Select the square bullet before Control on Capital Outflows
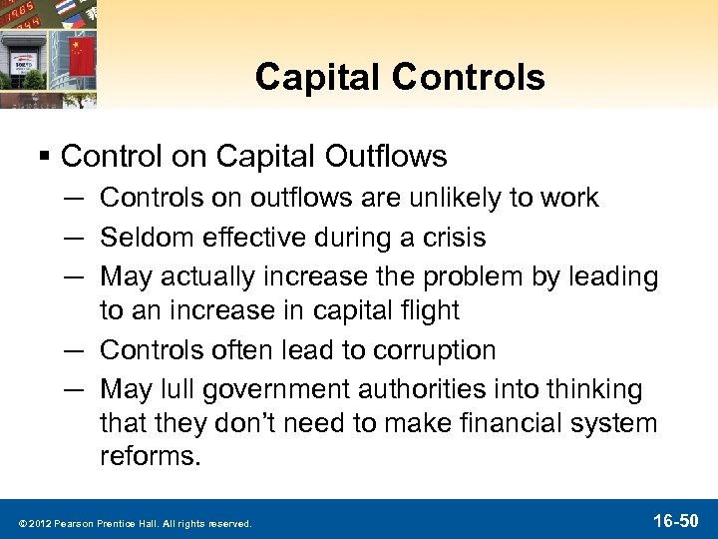tap(47, 157)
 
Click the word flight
tap(426, 310)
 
